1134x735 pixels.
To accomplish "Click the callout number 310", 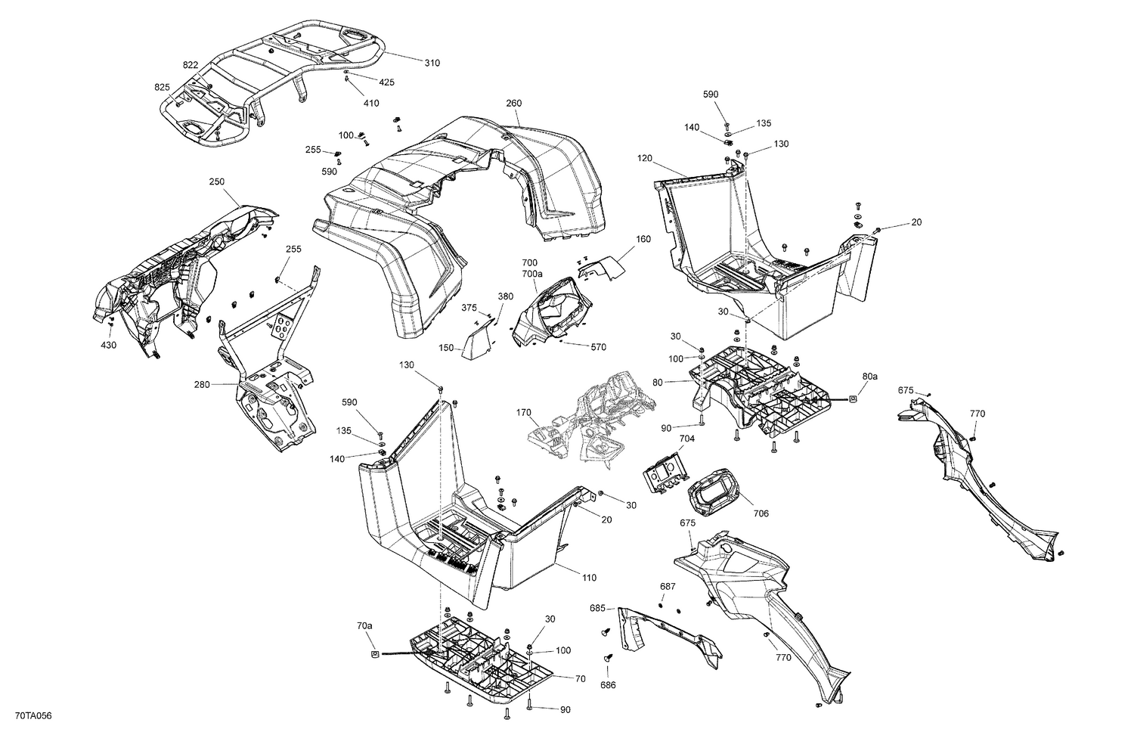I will coord(432,63).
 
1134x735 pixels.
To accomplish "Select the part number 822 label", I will coord(191,65).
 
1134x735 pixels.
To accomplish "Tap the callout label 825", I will coord(162,87).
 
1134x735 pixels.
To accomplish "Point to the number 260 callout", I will coord(514,103).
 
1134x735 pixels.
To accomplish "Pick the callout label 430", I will coord(108,345).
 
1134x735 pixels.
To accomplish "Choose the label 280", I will coord(202,385).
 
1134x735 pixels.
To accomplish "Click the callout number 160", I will coord(643,239).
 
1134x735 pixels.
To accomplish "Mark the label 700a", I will coord(531,274).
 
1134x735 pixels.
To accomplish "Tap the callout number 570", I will coord(598,347).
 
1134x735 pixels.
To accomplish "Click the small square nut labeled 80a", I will coord(853,398).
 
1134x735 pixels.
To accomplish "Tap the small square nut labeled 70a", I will coord(375,654).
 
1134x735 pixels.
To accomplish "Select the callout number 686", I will coord(609,685).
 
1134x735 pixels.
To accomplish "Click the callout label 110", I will coord(589,578).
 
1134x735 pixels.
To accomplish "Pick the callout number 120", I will coord(644,159).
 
